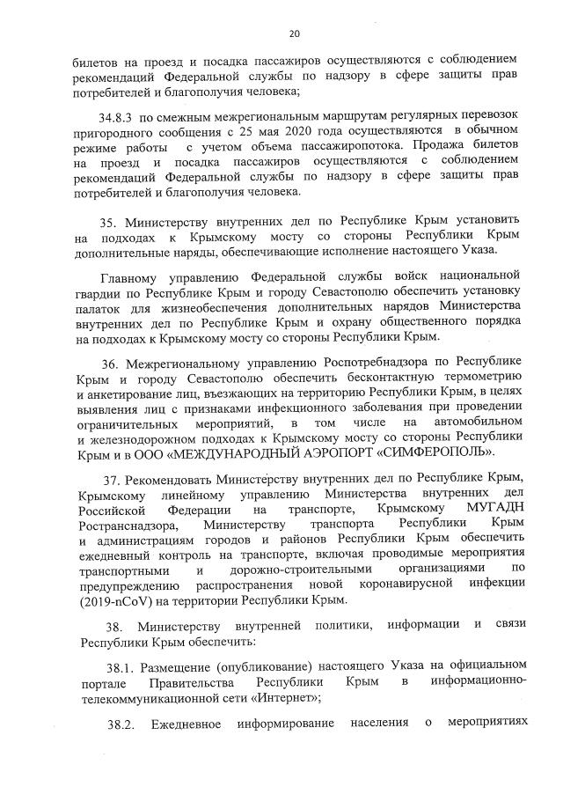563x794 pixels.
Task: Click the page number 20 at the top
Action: tap(294, 33)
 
